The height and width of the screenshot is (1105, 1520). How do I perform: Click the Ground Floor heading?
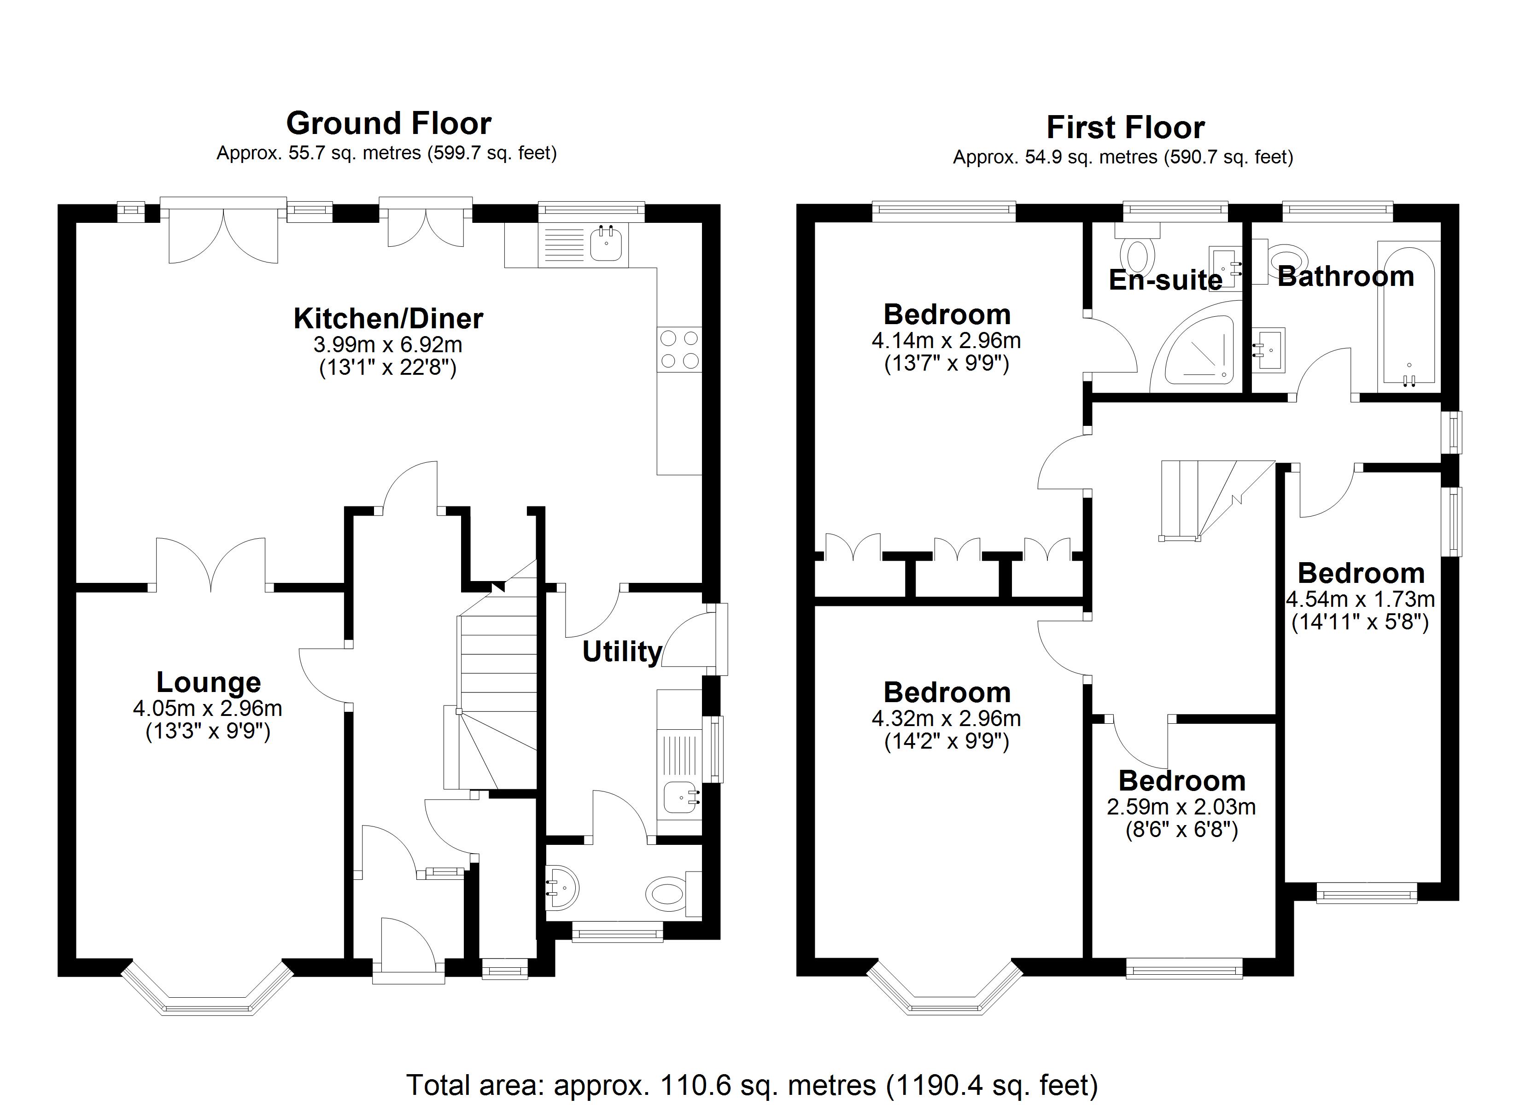point(389,123)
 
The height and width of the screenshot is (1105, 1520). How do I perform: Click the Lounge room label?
point(209,682)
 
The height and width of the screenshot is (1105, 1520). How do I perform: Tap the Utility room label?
point(621,651)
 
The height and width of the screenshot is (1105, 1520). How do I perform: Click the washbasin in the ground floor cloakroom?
point(561,889)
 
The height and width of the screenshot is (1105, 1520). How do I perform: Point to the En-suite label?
point(1165,280)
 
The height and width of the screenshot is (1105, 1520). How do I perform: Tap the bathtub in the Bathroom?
point(1408,315)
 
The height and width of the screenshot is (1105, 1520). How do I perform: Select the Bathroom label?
point(1346,276)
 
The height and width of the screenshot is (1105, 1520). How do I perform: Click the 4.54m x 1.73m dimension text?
point(1360,599)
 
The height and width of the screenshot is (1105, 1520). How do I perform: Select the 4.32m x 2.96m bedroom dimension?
point(946,718)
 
